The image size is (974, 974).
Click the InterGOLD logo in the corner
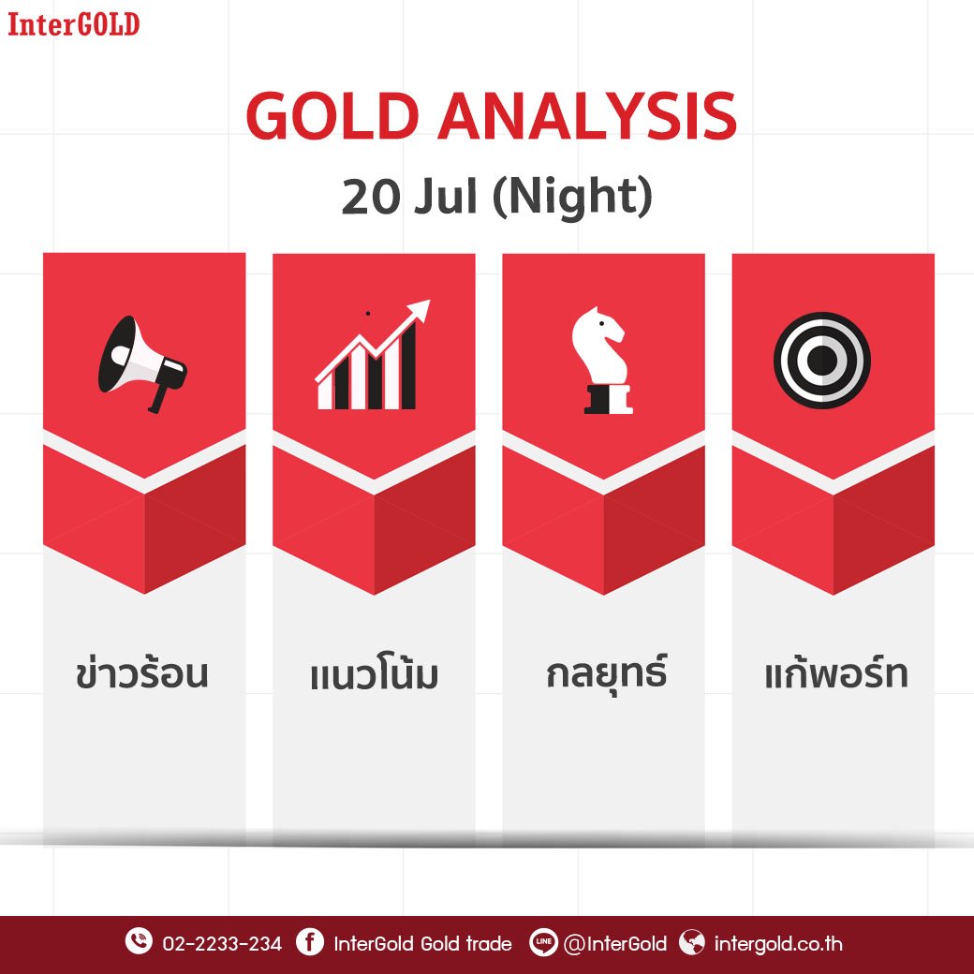73,24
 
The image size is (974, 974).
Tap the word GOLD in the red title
332,117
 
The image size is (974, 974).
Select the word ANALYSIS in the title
587,117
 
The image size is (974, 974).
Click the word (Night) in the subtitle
572,198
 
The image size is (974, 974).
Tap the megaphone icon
142,364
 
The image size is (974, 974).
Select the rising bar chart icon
373,355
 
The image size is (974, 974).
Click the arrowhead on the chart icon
420,309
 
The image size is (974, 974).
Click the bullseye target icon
822,361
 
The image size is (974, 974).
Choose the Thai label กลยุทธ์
606,672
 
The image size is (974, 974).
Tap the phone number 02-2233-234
222,944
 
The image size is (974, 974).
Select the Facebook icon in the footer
309,941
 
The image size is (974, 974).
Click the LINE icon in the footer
543,942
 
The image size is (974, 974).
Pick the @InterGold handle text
615,944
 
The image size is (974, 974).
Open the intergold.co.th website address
778,944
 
